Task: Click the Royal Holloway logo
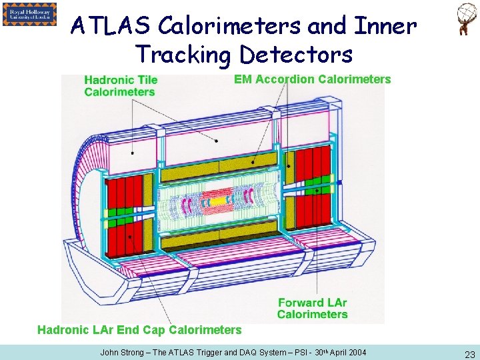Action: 29,14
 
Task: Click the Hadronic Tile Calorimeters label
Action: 121,85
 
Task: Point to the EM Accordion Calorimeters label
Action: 312,79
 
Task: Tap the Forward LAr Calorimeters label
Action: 312,308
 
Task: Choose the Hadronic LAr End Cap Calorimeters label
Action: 139,329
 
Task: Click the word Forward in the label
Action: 301,303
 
